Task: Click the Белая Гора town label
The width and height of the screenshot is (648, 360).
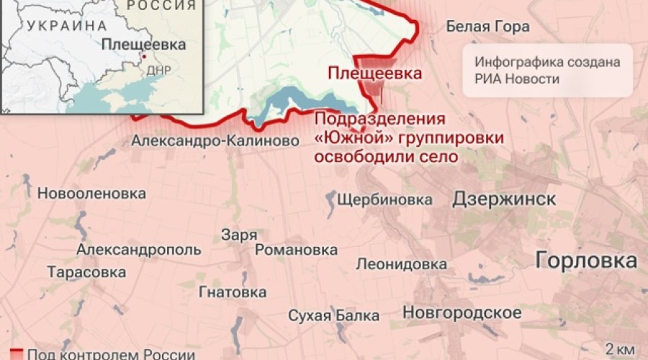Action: [488, 28]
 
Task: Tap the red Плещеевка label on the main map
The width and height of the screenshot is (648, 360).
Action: [374, 73]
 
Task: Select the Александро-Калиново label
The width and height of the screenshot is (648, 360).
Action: [215, 142]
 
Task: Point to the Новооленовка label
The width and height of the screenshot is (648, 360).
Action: [91, 194]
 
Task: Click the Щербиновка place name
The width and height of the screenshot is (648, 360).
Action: [384, 200]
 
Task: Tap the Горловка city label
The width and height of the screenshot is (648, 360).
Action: [587, 261]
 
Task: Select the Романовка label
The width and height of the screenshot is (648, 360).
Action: [296, 250]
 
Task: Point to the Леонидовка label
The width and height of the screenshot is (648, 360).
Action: [401, 264]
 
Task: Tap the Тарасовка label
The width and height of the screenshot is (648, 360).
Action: [86, 272]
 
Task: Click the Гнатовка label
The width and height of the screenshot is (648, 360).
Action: [233, 292]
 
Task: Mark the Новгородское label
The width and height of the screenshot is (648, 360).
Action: [462, 312]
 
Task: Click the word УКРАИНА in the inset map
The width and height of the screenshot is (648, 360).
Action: [61, 25]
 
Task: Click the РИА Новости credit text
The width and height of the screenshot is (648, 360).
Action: [516, 78]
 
